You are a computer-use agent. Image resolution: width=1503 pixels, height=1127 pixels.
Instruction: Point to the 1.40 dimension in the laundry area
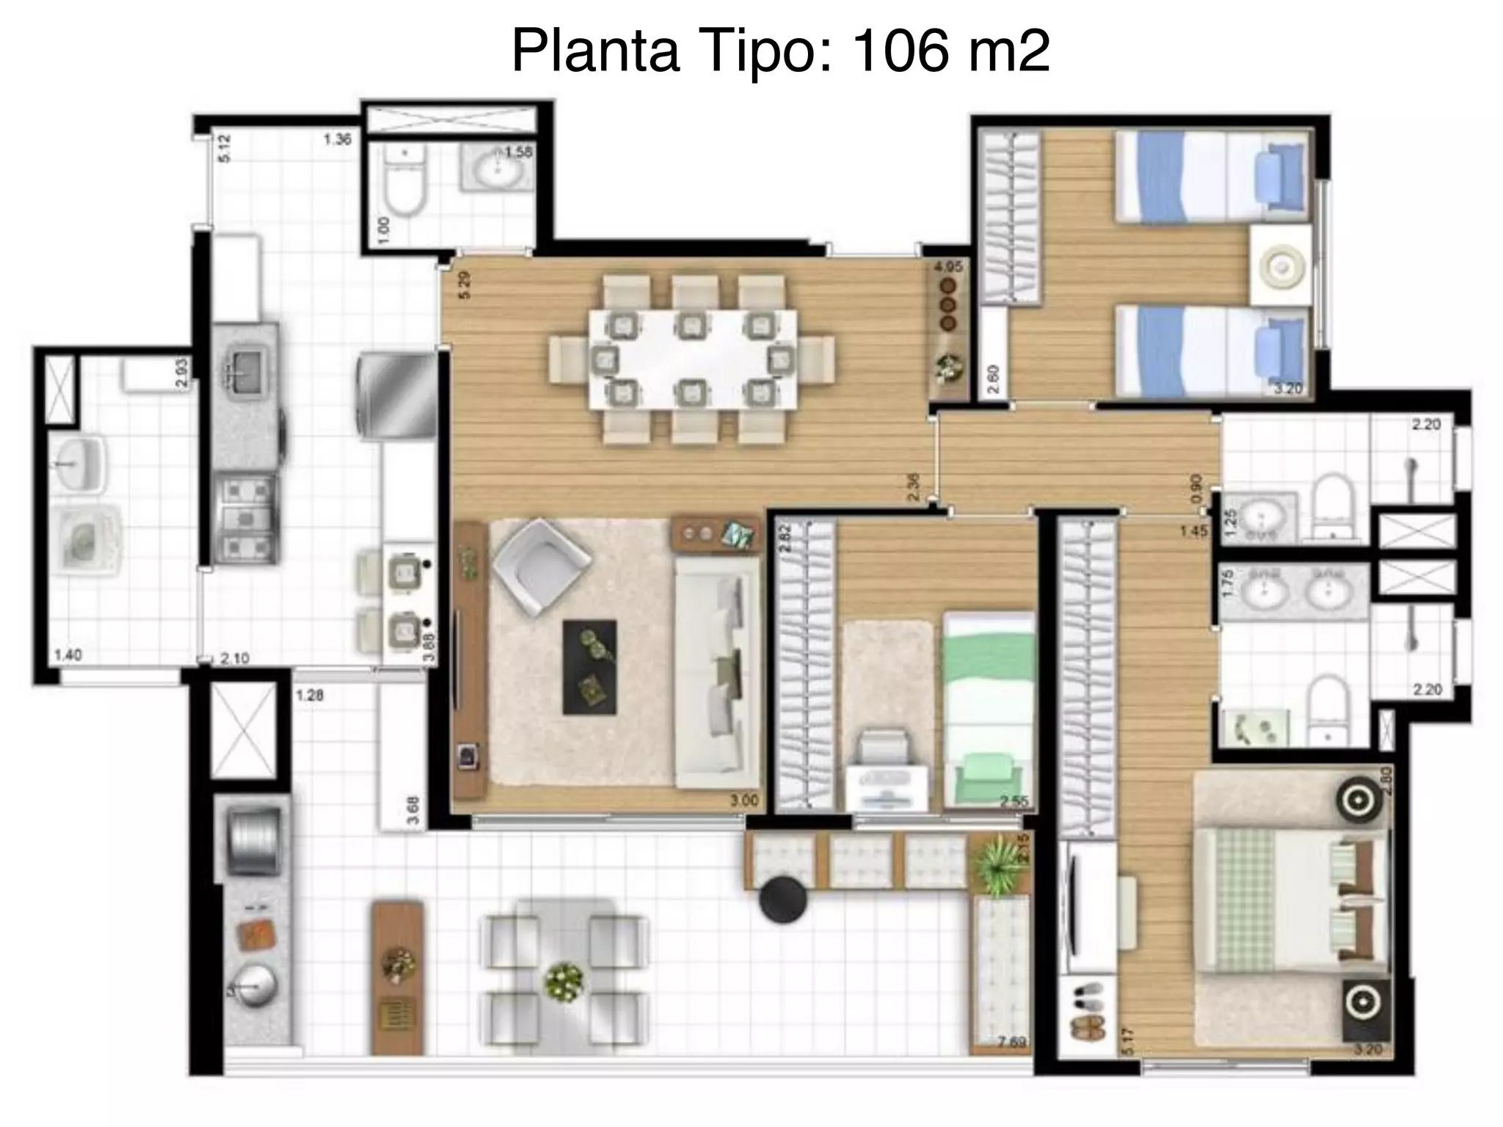point(68,655)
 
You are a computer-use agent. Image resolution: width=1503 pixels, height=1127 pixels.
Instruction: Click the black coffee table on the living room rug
point(589,666)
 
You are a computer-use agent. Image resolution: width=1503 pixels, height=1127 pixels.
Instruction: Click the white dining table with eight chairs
point(692,359)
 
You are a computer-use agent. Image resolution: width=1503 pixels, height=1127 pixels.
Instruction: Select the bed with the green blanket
point(989,710)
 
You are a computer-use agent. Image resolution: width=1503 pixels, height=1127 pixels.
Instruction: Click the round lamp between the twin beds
point(1281,266)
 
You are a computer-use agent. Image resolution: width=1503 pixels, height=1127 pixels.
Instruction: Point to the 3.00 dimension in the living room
point(743,800)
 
